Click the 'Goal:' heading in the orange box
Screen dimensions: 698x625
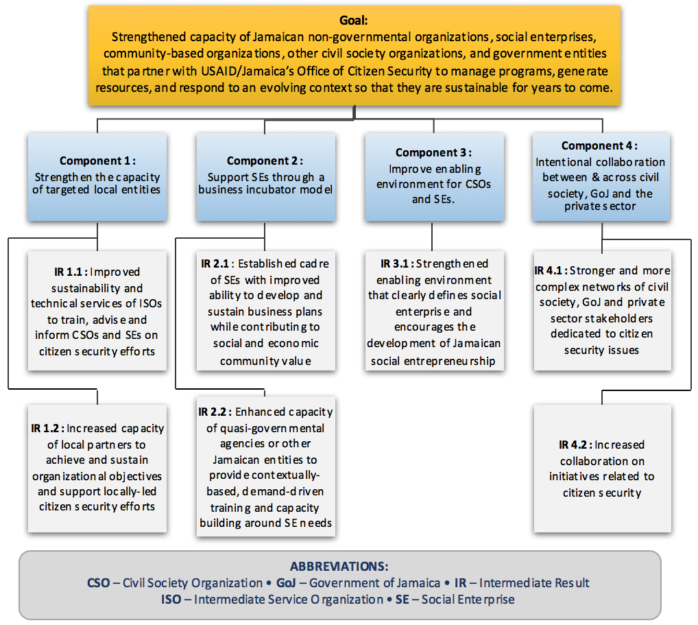[353, 21]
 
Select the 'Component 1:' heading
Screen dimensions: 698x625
[97, 161]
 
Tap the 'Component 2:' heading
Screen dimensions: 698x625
[265, 161]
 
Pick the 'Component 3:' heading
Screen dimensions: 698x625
[433, 153]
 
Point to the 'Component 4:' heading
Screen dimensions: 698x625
[599, 145]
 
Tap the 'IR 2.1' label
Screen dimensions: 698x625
[215, 263]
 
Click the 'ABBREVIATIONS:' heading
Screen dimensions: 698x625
[339, 567]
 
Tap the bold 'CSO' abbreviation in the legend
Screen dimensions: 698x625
[98, 583]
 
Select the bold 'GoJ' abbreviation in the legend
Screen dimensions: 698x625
[286, 583]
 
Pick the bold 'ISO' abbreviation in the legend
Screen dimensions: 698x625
[171, 600]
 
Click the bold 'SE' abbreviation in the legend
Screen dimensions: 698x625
[402, 600]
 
